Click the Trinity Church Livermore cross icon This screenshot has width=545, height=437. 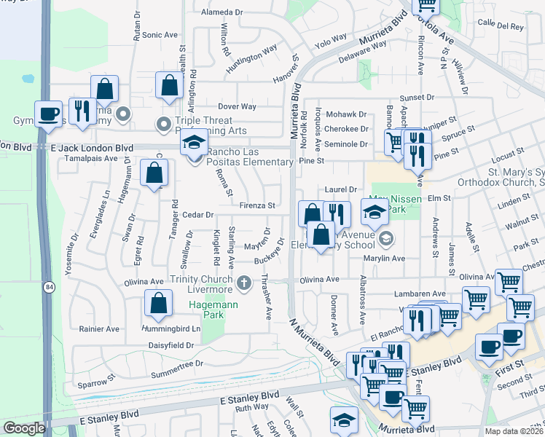point(245,280)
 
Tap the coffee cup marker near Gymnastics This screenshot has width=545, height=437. point(48,114)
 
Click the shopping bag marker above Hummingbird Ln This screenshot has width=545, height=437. point(157,303)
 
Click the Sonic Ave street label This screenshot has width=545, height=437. point(160,34)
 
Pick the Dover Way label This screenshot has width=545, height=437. point(238,106)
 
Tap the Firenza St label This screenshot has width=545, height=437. point(259,206)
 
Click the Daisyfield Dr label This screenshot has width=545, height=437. point(171,345)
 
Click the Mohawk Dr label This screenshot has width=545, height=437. point(346,114)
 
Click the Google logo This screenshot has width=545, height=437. point(24,428)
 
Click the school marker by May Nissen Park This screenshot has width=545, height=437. point(375,213)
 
